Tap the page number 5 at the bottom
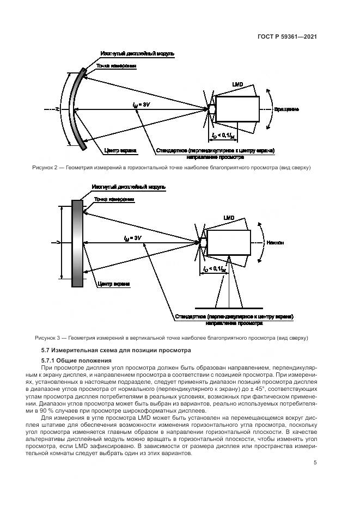pos(315,463)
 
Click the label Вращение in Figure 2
pos(286,109)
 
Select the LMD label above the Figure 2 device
pos(237,85)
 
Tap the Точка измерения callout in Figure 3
pos(114,199)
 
